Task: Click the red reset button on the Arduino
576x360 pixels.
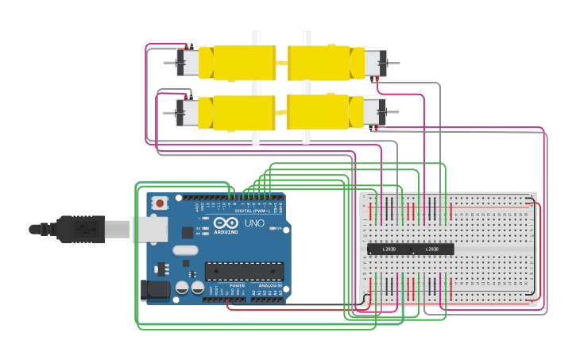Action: pyautogui.click(x=160, y=203)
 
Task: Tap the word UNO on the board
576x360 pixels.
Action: pyautogui.click(x=254, y=223)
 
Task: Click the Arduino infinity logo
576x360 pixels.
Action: pyautogui.click(x=225, y=223)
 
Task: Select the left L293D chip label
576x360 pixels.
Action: pyautogui.click(x=389, y=250)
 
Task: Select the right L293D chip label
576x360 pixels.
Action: pyautogui.click(x=431, y=250)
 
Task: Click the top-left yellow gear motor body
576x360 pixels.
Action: pyautogui.click(x=238, y=63)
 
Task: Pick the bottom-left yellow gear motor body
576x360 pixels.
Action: pyautogui.click(x=238, y=113)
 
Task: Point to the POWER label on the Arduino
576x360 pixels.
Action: pyautogui.click(x=237, y=285)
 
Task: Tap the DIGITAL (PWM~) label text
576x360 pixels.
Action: pyautogui.click(x=254, y=211)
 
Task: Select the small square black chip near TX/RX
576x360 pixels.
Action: pyautogui.click(x=187, y=232)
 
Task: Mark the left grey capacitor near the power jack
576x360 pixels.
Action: pyautogui.click(x=182, y=288)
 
